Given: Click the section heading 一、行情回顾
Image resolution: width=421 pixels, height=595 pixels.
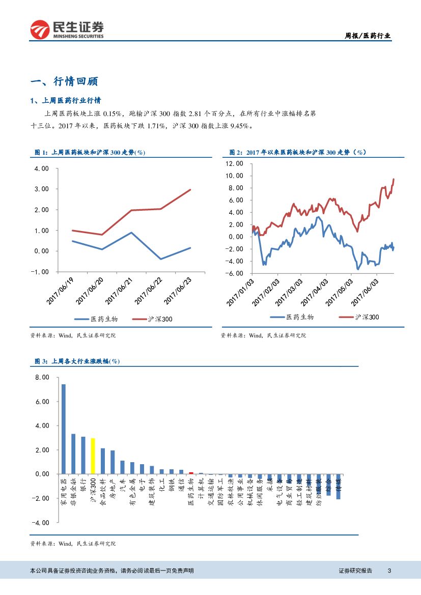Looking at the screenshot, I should (x=64, y=81).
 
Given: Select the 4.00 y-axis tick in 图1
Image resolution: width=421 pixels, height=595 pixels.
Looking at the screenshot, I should (x=42, y=168).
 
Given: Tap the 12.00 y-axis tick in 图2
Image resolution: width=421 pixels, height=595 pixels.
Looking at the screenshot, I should (x=234, y=163).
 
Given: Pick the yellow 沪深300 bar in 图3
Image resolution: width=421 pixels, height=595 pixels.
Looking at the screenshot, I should (x=93, y=456).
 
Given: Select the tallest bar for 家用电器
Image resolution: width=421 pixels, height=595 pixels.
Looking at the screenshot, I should (x=63, y=429).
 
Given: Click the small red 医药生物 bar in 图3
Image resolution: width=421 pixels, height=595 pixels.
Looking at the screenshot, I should (x=191, y=473).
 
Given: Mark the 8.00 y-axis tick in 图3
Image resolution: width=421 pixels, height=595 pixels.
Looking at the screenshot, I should (x=42, y=377).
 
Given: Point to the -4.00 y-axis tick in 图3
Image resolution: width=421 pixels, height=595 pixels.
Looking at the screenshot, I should (x=41, y=523).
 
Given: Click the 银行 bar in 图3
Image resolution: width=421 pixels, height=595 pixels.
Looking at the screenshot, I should (x=83, y=455).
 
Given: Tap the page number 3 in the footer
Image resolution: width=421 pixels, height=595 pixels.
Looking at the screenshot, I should (x=389, y=571).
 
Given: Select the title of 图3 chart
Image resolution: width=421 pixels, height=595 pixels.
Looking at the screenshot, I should (x=77, y=361).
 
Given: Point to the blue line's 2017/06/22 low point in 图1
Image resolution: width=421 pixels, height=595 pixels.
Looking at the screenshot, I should (x=161, y=259).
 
